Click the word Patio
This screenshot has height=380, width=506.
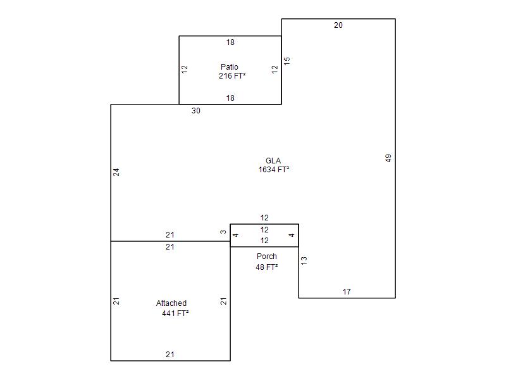click(230, 67)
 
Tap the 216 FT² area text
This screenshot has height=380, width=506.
click(232, 76)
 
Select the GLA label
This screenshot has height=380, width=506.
click(273, 161)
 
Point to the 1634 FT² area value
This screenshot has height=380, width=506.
click(274, 169)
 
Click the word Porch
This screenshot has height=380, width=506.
click(267, 256)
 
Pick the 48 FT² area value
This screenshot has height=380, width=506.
click(266, 267)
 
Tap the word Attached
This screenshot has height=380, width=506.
click(171, 303)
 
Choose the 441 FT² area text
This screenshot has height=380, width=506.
click(175, 313)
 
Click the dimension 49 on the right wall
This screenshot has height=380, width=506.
click(388, 158)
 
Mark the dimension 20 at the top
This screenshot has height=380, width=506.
click(338, 25)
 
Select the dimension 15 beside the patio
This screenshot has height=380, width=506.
click(287, 61)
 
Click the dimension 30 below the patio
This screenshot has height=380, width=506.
click(196, 110)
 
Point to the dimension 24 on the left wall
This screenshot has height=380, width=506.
click(116, 172)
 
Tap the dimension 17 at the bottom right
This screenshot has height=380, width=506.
click(347, 292)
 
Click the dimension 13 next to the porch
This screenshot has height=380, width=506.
click(304, 261)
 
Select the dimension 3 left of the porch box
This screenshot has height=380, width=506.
click(223, 232)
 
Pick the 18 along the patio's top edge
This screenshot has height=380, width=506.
click(230, 42)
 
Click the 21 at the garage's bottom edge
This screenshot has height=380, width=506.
click(170, 355)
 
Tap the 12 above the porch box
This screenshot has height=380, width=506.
click(264, 218)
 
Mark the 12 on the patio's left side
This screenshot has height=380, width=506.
click(185, 69)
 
